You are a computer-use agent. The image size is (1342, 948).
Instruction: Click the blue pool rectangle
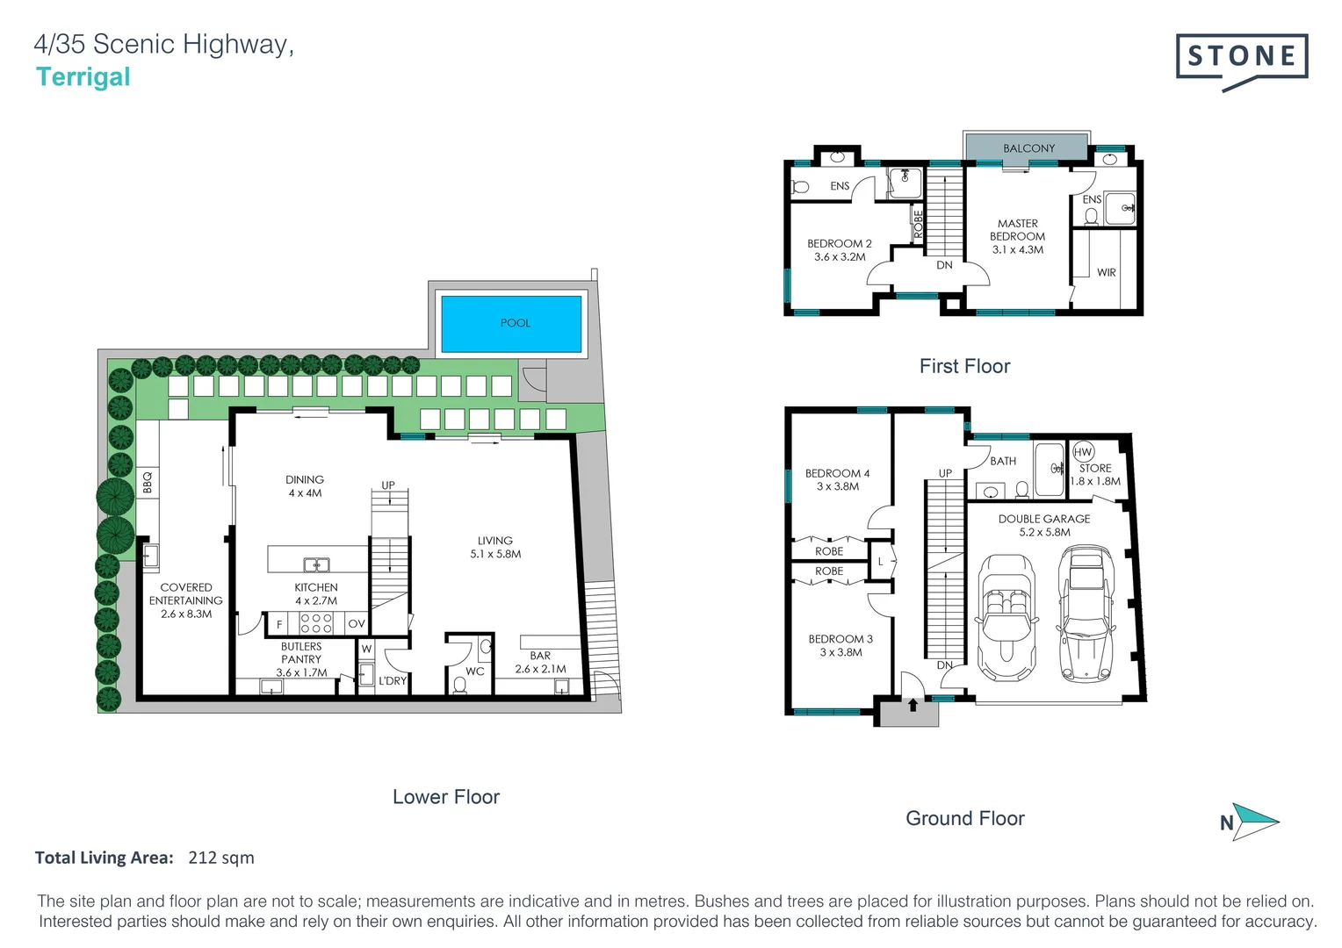point(511,324)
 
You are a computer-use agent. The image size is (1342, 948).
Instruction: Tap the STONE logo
point(1241,58)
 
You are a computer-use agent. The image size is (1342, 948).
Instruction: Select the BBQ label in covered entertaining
point(148,482)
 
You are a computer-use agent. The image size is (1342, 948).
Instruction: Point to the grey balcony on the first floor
point(1028,147)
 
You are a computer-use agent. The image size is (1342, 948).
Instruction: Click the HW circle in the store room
point(1083,452)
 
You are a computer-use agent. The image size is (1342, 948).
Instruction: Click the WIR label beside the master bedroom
point(1106,273)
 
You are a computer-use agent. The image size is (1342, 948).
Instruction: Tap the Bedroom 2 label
point(839,244)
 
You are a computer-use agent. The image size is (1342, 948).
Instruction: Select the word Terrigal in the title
point(83,77)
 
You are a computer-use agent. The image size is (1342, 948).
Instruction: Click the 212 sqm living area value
point(220,858)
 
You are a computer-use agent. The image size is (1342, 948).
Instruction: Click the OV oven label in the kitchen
point(356,624)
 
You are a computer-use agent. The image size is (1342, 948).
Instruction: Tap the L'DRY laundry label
point(393,680)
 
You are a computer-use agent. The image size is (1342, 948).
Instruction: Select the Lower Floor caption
point(445,797)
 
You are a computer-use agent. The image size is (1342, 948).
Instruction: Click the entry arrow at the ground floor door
point(913,704)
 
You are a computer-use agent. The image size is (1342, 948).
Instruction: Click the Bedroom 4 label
point(837,473)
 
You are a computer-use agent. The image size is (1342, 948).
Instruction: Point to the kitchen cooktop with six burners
point(316,623)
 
